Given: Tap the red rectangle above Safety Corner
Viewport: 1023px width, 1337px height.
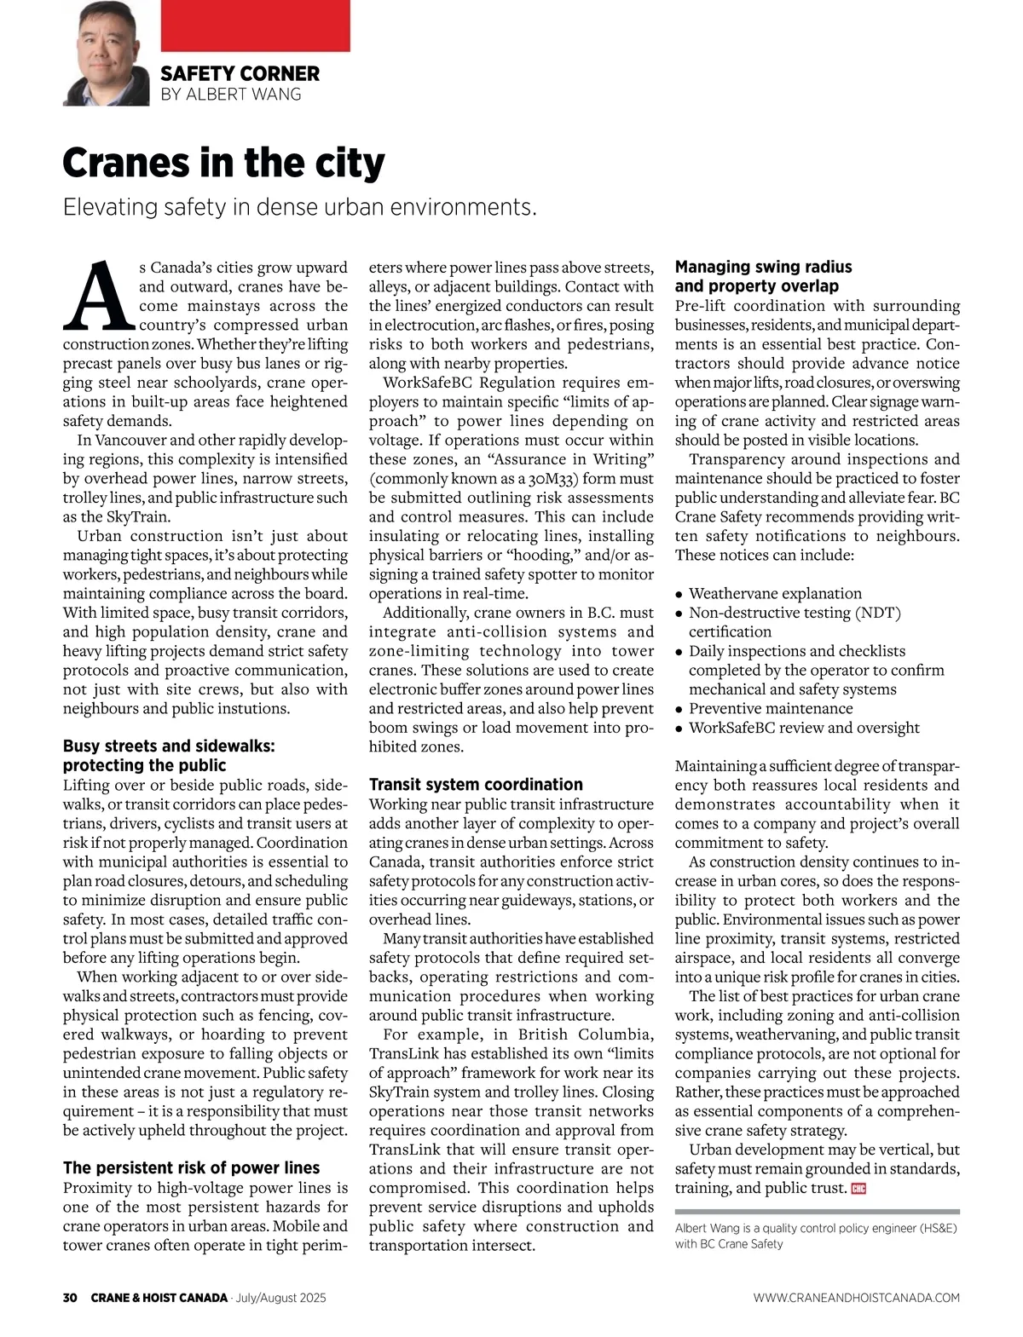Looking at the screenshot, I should coord(255,26).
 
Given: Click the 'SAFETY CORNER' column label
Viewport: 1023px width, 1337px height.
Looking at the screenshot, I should coord(240,74).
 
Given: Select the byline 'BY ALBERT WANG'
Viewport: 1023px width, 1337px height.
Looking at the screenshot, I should coord(231,94).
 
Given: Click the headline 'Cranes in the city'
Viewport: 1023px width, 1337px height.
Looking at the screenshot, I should coord(223,163).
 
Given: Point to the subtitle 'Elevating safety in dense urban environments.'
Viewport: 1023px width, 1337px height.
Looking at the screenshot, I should coord(300,207).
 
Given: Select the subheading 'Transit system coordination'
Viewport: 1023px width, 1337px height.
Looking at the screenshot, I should coord(476,784).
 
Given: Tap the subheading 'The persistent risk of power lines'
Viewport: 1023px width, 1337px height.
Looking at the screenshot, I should coord(191,1167).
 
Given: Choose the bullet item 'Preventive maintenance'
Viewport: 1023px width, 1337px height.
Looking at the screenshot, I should coord(771,708).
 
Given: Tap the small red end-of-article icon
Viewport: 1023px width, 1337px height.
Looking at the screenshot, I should coord(858,1189).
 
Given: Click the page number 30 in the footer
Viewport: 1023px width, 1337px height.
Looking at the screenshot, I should coord(71,1298).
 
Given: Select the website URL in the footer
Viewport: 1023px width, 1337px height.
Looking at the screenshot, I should coord(856,1298).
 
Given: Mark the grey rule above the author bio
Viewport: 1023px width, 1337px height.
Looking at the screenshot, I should coord(817,1211).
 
